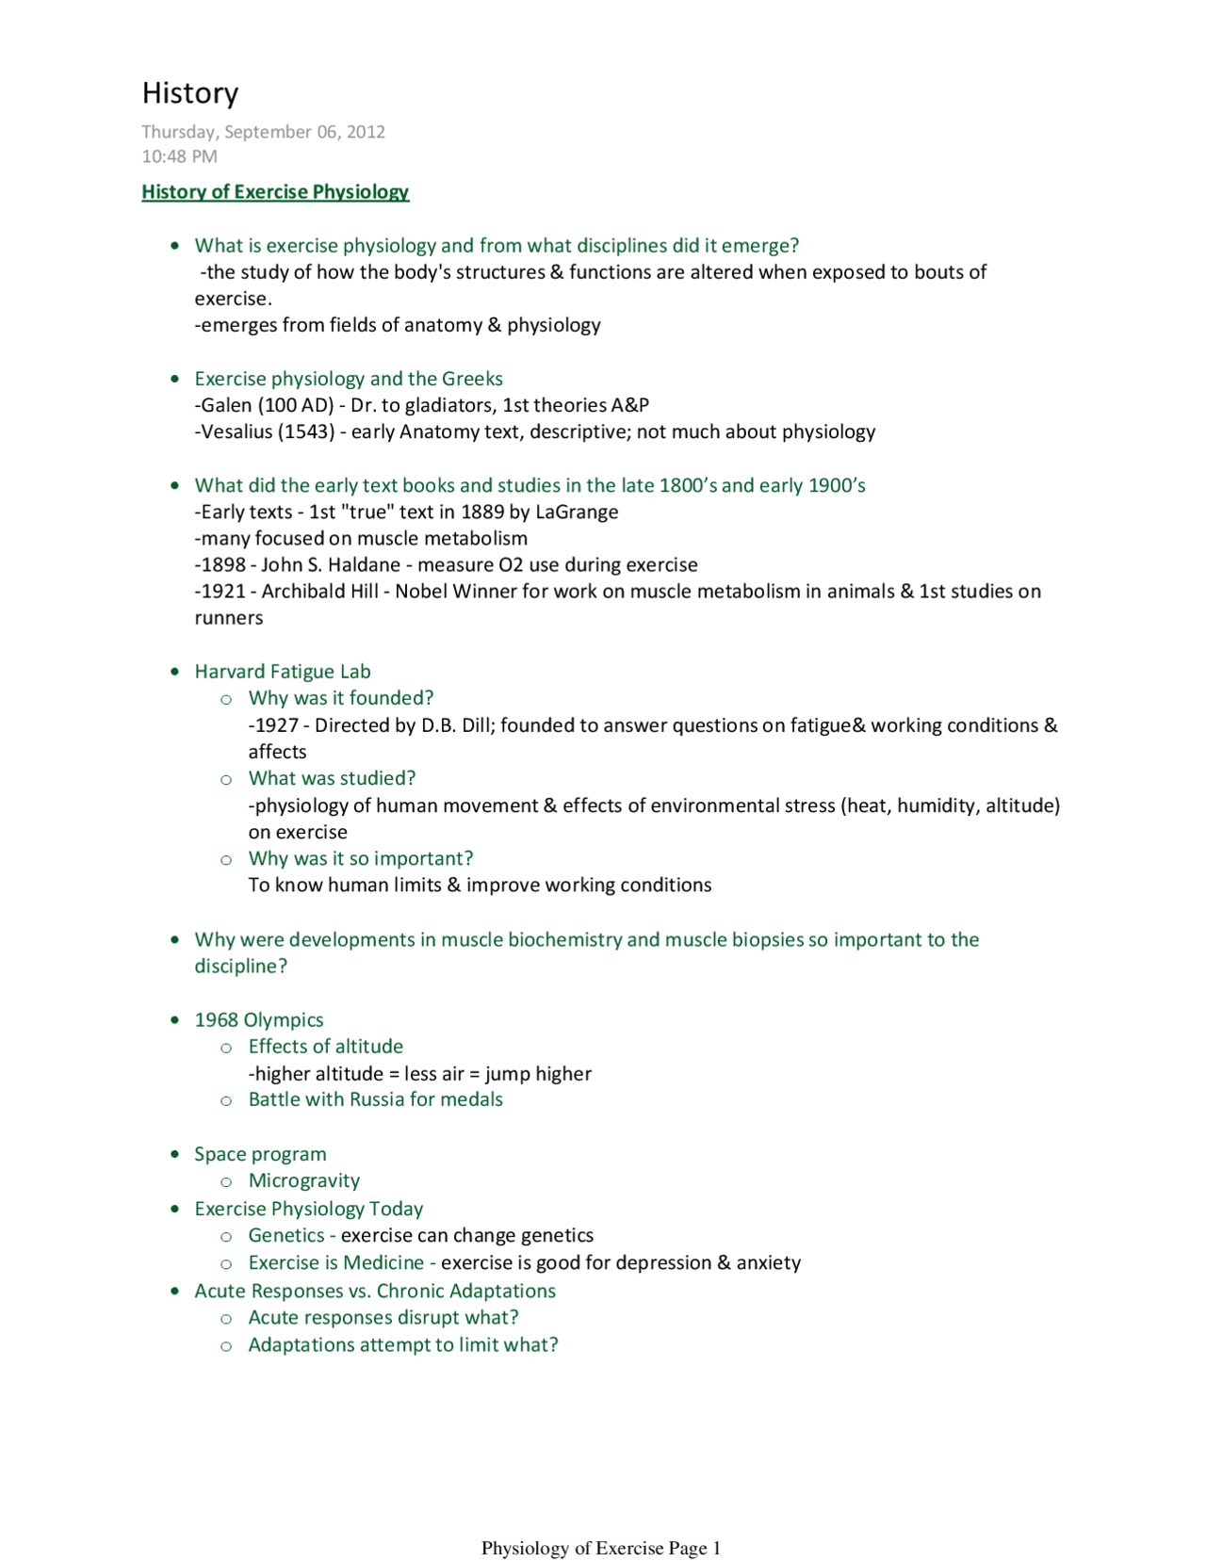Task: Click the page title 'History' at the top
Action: (190, 93)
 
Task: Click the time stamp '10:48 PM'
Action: (179, 156)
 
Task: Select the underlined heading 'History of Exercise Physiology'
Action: (275, 192)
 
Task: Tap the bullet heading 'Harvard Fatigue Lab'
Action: (283, 672)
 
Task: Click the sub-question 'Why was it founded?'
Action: (341, 698)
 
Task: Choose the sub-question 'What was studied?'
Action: (332, 778)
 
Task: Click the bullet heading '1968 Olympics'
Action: (259, 1020)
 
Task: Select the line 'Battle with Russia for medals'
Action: (375, 1099)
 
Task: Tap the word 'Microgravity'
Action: (304, 1180)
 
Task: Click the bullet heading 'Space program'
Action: (260, 1154)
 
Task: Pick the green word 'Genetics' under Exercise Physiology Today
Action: (286, 1235)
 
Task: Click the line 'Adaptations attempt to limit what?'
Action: (403, 1344)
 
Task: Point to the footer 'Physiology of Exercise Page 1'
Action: (601, 1548)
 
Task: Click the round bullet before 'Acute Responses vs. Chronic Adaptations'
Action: (174, 1291)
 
